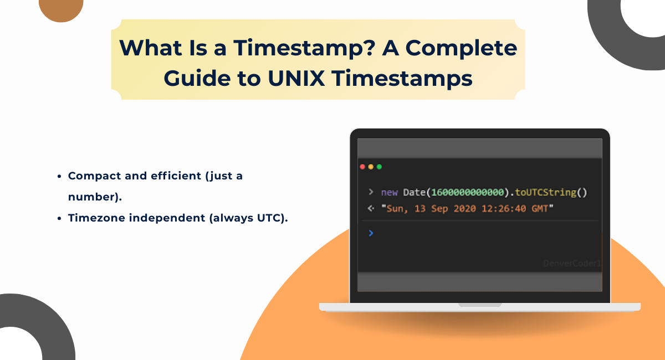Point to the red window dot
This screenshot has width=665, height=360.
pos(362,167)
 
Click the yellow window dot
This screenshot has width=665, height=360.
pos(371,167)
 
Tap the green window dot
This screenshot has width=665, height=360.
pos(379,167)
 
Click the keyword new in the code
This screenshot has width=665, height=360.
pos(389,193)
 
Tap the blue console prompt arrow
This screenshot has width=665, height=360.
pos(371,233)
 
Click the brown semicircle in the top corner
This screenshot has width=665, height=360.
pos(61,8)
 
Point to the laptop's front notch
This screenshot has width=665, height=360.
pos(480,304)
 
